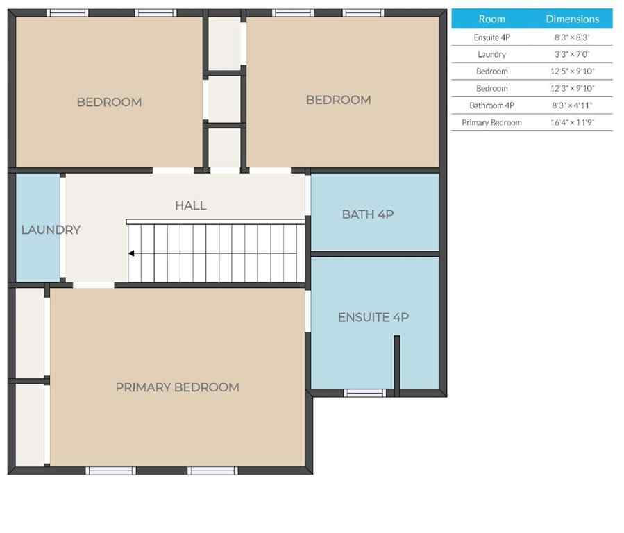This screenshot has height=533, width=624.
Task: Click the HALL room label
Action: tap(190, 205)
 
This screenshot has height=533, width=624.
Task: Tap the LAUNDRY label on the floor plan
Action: tap(51, 230)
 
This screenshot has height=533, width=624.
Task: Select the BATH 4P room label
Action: tap(368, 214)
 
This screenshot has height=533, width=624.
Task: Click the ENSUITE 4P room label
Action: tap(373, 317)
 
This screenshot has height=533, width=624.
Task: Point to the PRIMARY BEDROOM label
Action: tap(177, 387)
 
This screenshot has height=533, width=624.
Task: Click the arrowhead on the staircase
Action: tap(131, 253)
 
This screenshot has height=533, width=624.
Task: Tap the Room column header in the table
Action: tap(491, 19)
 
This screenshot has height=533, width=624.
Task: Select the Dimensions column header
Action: tap(572, 19)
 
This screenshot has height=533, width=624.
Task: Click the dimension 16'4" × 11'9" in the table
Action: tap(572, 122)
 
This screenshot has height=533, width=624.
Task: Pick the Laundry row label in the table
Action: tap(491, 54)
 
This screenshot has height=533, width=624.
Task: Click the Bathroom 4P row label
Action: tap(491, 105)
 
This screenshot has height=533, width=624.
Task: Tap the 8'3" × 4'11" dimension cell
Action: tap(572, 105)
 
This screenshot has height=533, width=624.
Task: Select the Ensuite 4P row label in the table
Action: tap(491, 37)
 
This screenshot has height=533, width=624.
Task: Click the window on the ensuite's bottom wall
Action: tap(365, 393)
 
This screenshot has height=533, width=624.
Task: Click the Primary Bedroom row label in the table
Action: tap(491, 122)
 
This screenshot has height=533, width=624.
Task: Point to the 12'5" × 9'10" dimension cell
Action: tap(572, 71)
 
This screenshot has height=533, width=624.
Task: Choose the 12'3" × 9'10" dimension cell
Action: tap(572, 88)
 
